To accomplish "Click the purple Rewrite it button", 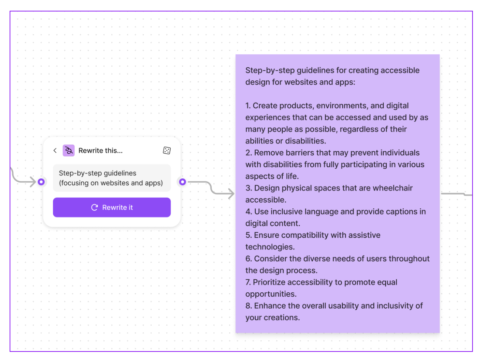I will click(111, 207).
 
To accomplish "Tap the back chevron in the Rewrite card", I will click(55, 150).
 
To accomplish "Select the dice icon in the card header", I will click(167, 150).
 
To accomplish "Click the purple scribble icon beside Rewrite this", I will click(68, 150).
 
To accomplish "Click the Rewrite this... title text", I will click(100, 151).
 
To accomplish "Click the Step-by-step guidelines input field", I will click(111, 178).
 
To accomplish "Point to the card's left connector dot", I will click(41, 182).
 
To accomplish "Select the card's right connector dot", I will click(182, 182).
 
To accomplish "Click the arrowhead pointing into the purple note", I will click(231, 194).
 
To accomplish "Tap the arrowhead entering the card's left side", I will click(33, 182).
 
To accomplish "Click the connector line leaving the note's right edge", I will click(455, 194).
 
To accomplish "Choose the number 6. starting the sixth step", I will click(248, 259).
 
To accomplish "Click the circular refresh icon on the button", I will click(94, 207).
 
